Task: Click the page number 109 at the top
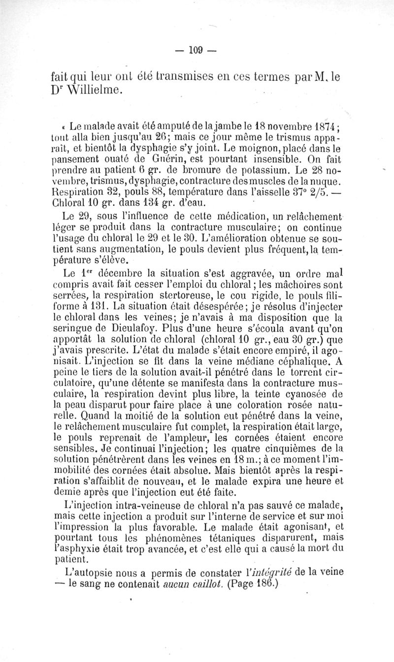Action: tap(197, 49)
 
